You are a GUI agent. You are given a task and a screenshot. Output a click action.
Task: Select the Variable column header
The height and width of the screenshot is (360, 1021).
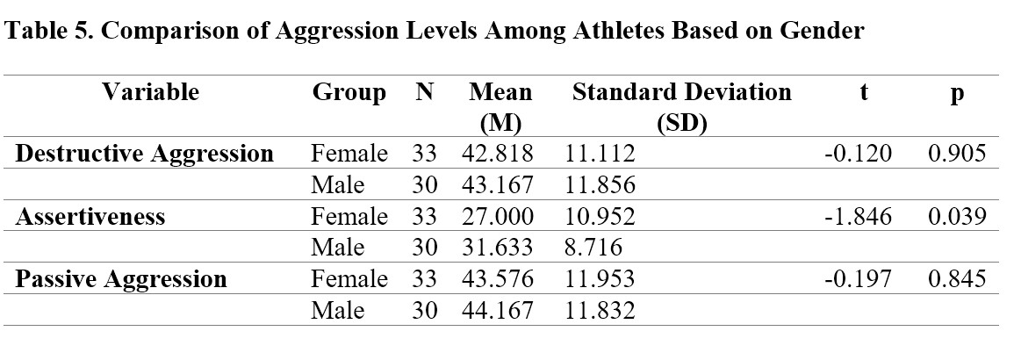150,92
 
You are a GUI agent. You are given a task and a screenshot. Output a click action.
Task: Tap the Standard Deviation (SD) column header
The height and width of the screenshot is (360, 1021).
682,107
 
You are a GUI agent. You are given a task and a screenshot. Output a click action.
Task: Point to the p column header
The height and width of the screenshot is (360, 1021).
957,95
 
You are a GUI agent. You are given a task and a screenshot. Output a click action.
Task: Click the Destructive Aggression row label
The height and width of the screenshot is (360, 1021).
144,154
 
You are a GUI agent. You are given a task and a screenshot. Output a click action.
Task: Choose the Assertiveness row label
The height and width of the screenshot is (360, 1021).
90,216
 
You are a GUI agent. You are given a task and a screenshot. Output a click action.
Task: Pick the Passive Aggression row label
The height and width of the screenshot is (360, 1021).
121,279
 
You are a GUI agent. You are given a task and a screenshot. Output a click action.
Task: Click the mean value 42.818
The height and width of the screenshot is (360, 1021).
498,154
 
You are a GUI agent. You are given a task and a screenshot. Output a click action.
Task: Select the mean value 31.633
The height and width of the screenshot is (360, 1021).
498,248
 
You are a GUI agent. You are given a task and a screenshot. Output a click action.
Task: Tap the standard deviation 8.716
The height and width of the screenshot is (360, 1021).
593,248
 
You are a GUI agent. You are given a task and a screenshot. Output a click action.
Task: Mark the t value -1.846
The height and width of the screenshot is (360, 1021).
858,216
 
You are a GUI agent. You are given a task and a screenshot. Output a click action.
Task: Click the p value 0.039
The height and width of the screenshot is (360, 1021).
957,216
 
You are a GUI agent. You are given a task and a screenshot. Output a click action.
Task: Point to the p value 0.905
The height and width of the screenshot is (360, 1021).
957,154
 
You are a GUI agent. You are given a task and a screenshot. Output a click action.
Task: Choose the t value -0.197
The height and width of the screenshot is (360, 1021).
858,278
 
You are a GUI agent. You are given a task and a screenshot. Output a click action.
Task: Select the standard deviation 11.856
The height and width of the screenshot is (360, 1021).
600,185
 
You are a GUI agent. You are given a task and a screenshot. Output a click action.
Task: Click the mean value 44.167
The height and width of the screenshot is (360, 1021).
498,310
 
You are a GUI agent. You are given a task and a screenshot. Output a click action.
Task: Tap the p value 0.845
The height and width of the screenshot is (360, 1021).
957,278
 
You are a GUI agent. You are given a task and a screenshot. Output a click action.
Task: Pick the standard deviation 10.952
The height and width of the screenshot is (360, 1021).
600,216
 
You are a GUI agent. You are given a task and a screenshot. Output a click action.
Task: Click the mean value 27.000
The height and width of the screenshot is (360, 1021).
498,216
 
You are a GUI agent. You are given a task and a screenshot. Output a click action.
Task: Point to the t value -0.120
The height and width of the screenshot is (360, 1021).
858,154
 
